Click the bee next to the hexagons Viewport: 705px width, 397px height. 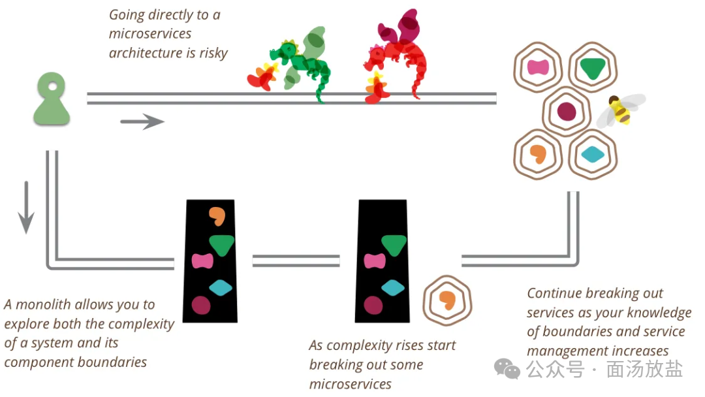[620, 110]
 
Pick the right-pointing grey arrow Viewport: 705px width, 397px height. [142, 121]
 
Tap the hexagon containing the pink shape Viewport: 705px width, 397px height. [538, 67]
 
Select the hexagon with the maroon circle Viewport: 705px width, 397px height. [566, 112]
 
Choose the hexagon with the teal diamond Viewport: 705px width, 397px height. [593, 155]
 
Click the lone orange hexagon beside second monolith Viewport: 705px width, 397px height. [447, 300]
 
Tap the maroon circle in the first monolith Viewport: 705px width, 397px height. [201, 305]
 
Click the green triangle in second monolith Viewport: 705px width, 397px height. [394, 244]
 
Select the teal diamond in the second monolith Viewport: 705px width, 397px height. [393, 287]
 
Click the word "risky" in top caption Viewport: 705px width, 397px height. [213, 53]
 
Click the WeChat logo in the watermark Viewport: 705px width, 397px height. [507, 370]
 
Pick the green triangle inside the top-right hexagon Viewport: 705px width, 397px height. [592, 68]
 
